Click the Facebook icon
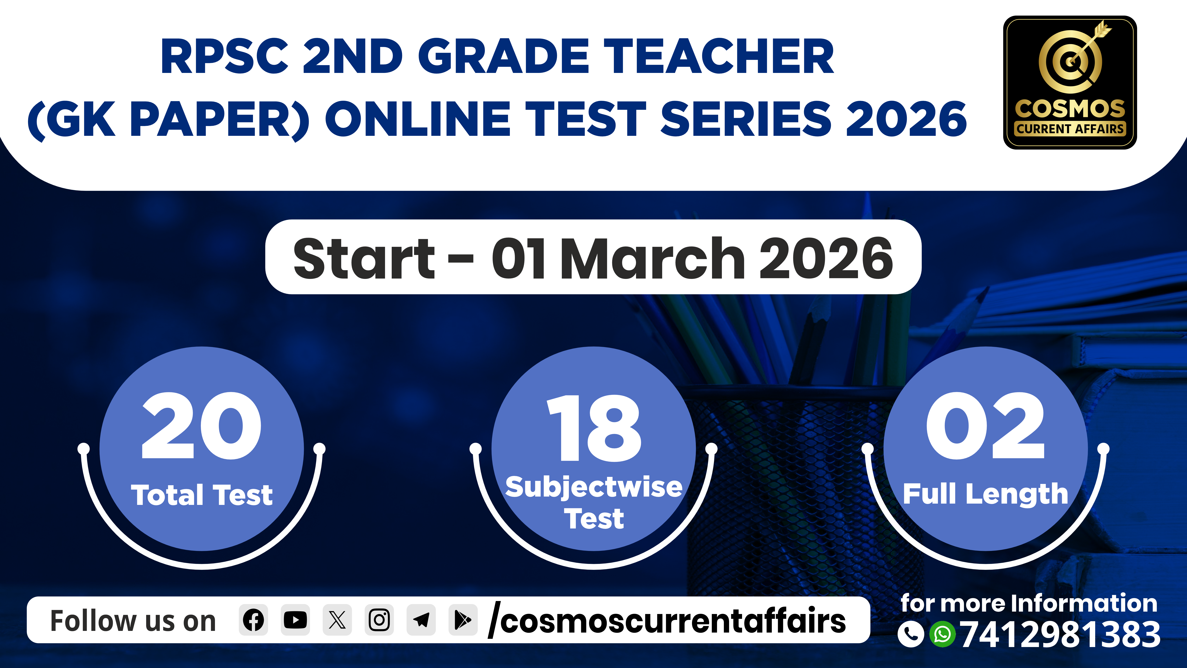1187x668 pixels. tap(253, 620)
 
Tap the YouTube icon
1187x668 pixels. tap(295, 620)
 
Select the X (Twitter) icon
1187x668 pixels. tap(337, 620)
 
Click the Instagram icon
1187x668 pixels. tap(379, 620)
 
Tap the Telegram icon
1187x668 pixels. tap(421, 620)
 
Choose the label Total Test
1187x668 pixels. tap(202, 495)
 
